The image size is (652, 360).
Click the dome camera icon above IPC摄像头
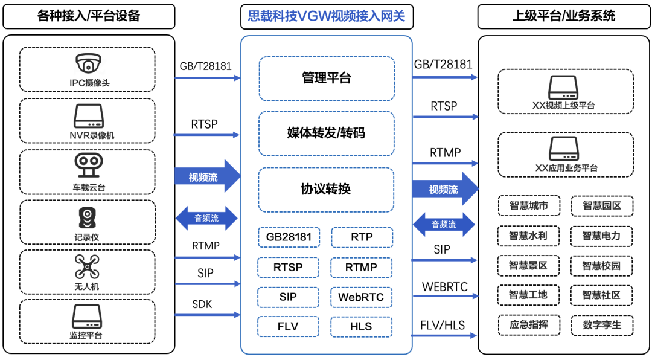pos(88,63)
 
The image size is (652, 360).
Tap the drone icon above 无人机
pos(88,266)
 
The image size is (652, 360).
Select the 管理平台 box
pos(326,79)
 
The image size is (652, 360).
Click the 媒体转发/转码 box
pos(326,133)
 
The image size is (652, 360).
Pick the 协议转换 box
pos(326,190)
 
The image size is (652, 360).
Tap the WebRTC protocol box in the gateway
pos(361,297)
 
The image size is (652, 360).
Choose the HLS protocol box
pos(361,326)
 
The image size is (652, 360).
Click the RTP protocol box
pos(361,237)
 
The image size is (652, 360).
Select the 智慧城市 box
pos(528,206)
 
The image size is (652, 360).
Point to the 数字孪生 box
pos(601,326)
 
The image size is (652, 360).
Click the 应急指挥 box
pos(528,326)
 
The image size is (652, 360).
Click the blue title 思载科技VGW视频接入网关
pos(326,16)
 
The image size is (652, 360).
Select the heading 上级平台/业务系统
pos(564,16)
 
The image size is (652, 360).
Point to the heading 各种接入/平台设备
pos(89,16)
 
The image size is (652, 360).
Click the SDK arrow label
pos(202,304)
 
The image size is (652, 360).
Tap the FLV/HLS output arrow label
pos(443,326)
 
